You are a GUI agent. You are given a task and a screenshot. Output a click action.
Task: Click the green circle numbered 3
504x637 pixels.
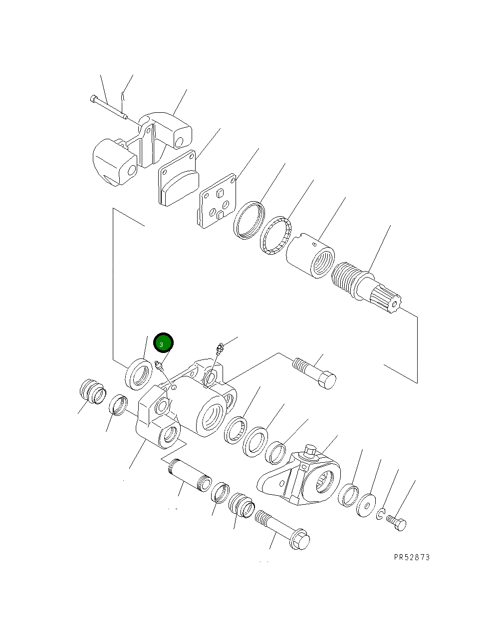pyautogui.click(x=163, y=343)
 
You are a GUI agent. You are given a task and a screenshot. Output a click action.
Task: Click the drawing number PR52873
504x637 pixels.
pyautogui.click(x=411, y=557)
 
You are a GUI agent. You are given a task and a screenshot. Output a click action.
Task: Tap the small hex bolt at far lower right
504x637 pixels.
pyautogui.click(x=397, y=523)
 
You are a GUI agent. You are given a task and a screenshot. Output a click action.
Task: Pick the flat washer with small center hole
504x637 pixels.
pyautogui.click(x=367, y=505)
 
